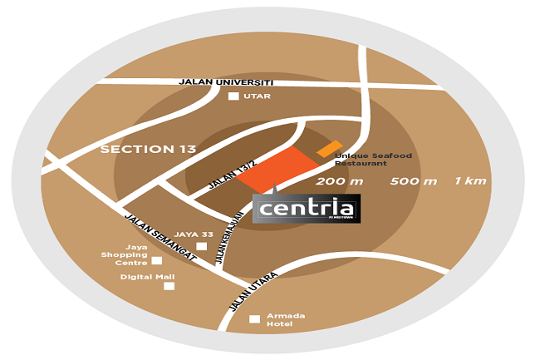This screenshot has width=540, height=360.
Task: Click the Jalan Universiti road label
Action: (226, 82)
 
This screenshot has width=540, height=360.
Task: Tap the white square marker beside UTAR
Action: (233, 96)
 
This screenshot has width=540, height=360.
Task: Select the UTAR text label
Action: (257, 96)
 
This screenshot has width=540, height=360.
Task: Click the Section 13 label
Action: (148, 150)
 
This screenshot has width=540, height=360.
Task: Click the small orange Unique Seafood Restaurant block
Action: (329, 149)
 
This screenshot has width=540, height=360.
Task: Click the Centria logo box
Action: (306, 208)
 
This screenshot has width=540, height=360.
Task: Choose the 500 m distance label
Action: (413, 181)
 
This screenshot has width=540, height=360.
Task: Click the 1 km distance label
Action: (470, 181)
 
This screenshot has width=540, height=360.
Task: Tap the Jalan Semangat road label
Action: (160, 238)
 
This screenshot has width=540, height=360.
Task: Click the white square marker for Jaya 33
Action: (201, 246)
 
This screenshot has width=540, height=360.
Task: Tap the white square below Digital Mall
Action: (169, 286)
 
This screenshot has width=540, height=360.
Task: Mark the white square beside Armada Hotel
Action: (255, 318)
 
